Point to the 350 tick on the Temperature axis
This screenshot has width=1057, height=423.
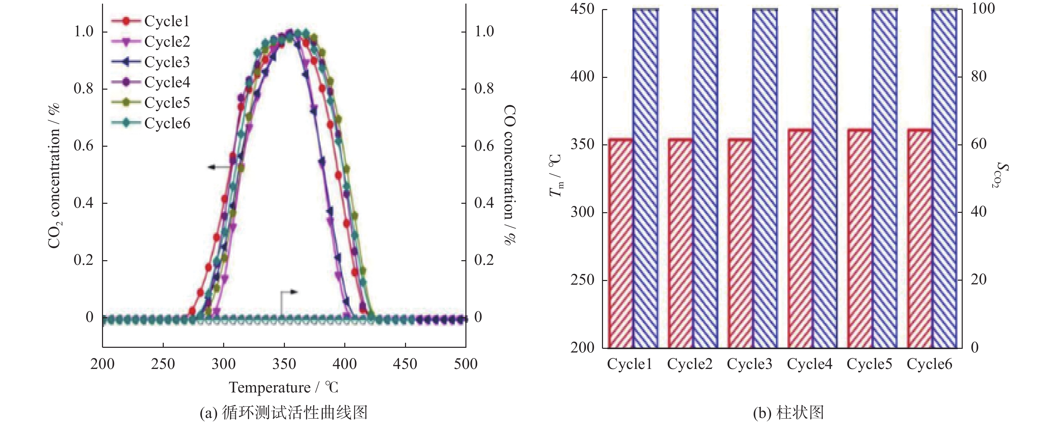[x=284, y=364]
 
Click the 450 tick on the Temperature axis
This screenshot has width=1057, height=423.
[x=405, y=364]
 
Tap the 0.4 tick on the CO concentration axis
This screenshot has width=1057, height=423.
[x=484, y=203]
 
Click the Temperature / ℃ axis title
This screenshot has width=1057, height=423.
[x=284, y=388]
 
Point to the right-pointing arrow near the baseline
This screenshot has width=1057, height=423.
[x=289, y=292]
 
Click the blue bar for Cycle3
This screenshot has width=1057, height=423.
[x=764, y=179]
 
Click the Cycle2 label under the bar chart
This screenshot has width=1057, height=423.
[x=689, y=364]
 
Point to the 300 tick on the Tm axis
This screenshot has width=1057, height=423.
[x=582, y=212]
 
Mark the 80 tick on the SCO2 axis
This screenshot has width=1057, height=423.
[x=983, y=77]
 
